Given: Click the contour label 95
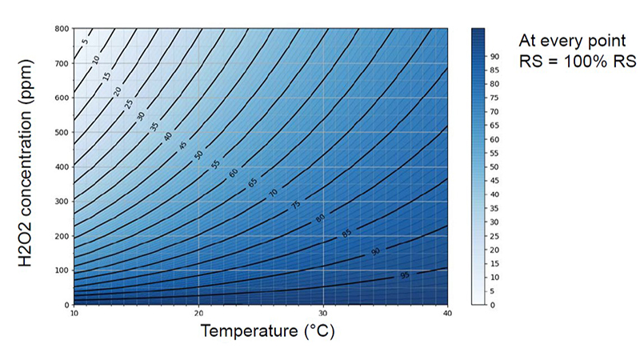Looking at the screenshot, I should tap(404, 275).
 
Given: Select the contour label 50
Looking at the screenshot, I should tap(198, 154).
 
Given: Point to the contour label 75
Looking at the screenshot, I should tap(295, 205).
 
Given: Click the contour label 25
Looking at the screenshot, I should tap(129, 103).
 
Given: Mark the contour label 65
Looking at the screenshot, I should tap(253, 182).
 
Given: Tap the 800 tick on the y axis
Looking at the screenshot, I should tap(62, 29).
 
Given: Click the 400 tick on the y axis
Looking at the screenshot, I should tap(62, 167).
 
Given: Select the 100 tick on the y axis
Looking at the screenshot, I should tap(62, 270).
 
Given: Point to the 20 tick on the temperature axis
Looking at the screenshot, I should tap(198, 313).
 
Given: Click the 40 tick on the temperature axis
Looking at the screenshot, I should tap(446, 313).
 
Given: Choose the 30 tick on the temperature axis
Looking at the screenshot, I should tap(322, 313).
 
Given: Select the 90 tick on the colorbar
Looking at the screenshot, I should tap(495, 55).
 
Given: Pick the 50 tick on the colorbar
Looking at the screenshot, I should tap(495, 166).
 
